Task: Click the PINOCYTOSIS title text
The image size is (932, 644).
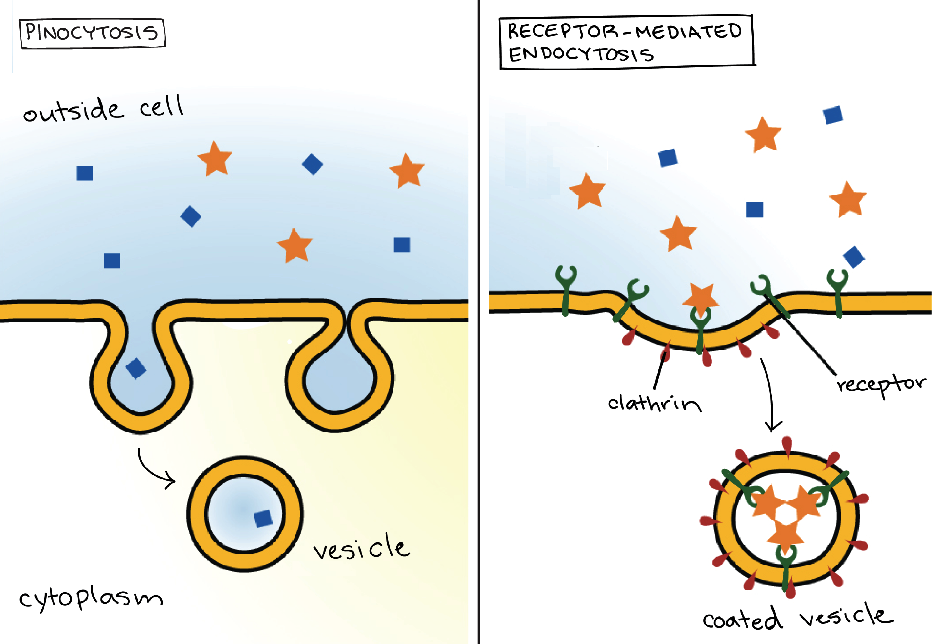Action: (x=92, y=33)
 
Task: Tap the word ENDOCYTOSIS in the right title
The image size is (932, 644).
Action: (x=581, y=54)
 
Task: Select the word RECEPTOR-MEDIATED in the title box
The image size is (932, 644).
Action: (x=624, y=31)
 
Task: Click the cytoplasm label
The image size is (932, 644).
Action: (x=91, y=597)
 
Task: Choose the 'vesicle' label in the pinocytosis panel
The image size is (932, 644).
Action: (x=361, y=548)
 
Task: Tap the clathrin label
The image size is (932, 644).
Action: (x=654, y=403)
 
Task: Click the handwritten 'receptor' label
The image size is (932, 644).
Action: (x=880, y=384)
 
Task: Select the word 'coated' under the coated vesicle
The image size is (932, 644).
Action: (x=742, y=619)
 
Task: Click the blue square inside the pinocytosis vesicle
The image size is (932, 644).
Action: (x=263, y=518)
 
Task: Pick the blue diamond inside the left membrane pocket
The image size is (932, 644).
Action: (x=136, y=368)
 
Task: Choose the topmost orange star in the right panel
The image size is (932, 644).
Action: (x=763, y=134)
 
